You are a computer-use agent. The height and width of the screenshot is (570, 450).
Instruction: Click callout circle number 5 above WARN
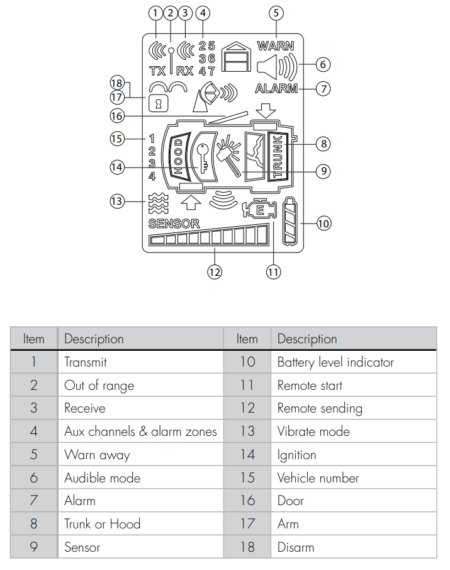click(276, 13)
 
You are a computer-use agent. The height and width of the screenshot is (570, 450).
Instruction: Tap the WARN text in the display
click(275, 46)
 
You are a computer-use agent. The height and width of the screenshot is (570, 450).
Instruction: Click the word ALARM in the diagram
click(276, 89)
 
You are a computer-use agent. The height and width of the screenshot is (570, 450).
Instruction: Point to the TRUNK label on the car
click(278, 156)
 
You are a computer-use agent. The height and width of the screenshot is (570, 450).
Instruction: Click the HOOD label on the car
click(178, 157)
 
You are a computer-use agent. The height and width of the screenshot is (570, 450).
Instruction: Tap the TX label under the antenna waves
click(157, 71)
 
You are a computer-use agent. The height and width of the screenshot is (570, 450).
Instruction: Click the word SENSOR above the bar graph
click(174, 224)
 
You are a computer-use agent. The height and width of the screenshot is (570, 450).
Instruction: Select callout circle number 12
click(215, 272)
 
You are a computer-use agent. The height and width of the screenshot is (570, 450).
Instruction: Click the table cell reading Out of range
click(99, 385)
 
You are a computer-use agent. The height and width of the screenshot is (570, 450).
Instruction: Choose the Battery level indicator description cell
click(335, 362)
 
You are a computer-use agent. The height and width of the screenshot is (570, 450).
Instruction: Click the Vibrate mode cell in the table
click(313, 431)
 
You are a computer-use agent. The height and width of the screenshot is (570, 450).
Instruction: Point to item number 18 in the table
click(247, 547)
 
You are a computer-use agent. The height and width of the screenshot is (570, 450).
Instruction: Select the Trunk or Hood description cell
click(102, 523)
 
